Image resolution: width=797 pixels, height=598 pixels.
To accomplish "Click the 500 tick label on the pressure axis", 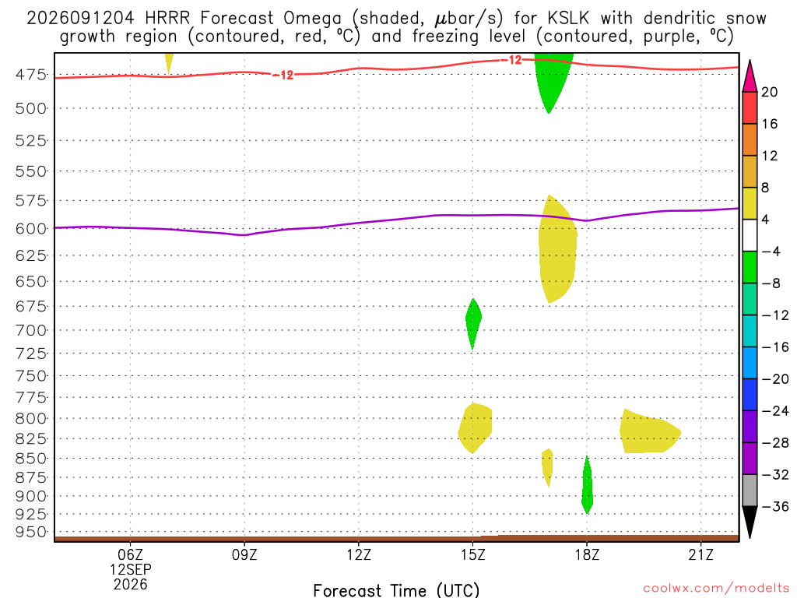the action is point(31,108).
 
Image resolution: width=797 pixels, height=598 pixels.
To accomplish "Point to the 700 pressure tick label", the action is point(31,330).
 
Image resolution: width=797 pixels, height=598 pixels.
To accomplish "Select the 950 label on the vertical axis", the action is point(31,532).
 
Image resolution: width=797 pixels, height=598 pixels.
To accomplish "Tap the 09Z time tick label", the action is point(244,554).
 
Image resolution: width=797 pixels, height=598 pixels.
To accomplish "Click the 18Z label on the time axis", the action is point(587,554).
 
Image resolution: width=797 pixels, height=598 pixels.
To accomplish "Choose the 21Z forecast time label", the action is point(701,554).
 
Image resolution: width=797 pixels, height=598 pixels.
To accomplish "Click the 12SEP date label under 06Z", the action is point(131,569).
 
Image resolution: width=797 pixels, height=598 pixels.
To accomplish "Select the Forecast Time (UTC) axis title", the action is point(396,590).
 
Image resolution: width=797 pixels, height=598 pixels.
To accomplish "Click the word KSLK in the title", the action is point(568,19).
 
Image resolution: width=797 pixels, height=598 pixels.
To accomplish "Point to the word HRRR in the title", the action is point(167,19).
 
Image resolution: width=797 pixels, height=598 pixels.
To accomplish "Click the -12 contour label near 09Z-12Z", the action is point(283,76).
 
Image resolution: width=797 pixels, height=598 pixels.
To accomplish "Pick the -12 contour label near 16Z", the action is point(511,60).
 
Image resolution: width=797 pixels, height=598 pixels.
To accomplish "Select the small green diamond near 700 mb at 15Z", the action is point(473,323).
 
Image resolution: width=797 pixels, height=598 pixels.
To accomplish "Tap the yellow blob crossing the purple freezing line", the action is point(557,249).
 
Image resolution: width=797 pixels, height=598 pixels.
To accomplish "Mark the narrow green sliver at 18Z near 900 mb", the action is point(587,485).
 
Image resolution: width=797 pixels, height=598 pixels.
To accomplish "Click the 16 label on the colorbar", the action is point(770,124).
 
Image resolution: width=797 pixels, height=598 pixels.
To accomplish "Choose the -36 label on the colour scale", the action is point(774,506).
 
